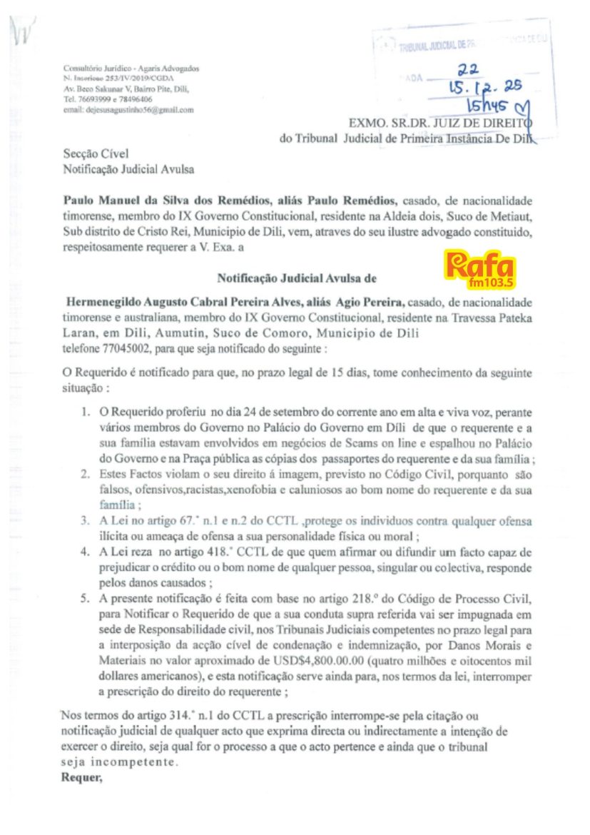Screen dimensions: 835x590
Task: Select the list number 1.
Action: [85, 413]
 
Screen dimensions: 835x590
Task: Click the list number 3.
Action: [85, 521]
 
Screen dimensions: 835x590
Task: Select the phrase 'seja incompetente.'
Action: [118, 761]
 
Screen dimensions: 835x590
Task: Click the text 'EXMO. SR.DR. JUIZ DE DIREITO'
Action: [440, 124]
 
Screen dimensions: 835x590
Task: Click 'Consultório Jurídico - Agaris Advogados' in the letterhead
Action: [131, 69]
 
